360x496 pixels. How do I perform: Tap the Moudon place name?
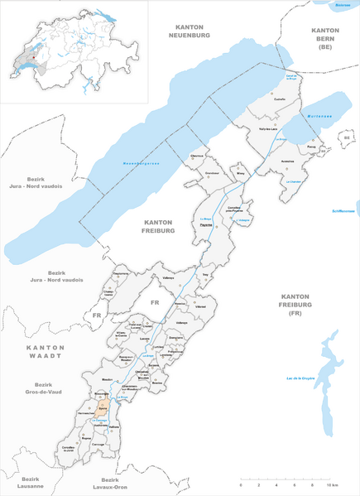tap(108, 379)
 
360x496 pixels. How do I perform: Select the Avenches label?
tap(288, 162)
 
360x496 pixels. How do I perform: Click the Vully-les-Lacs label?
tap(266, 129)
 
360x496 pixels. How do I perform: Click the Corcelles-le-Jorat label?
tap(79, 448)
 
